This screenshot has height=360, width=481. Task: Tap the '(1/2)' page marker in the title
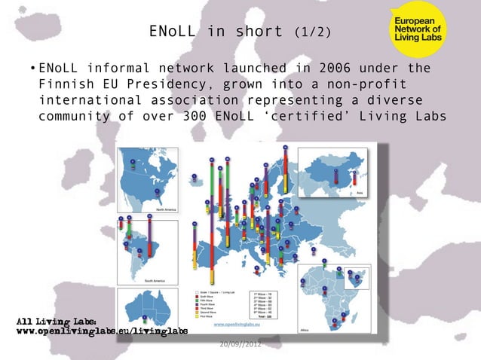click(311, 32)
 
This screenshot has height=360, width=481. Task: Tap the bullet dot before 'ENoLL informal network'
click(32, 69)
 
